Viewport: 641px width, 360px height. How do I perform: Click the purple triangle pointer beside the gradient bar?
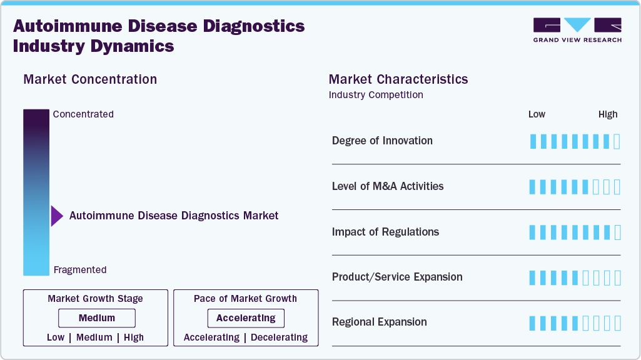57,216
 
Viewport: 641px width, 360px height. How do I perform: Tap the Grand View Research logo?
577,30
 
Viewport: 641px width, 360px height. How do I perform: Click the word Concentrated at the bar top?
83,114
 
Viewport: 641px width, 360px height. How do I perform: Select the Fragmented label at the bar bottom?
80,270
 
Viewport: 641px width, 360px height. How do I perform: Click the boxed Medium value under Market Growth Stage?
97,318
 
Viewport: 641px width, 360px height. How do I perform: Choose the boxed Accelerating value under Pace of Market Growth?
246,318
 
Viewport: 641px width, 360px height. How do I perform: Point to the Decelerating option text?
279,337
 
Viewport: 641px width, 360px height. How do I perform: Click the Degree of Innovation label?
382,141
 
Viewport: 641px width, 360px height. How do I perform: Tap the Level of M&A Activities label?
388,186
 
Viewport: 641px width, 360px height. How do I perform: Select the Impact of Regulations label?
385,232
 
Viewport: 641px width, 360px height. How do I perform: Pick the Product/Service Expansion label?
397,277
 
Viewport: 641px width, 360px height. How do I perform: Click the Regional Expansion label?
380,322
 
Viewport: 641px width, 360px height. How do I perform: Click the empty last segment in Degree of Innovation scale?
617,142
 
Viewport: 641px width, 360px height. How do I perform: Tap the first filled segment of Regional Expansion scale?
532,323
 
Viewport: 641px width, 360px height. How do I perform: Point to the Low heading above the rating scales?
537,114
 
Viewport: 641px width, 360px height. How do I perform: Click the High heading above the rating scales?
608,114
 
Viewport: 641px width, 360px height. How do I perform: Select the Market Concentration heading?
90,79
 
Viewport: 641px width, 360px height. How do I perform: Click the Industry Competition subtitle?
376,95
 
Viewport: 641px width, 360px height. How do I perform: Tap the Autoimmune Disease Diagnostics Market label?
174,216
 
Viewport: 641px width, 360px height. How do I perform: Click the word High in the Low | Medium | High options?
134,337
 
